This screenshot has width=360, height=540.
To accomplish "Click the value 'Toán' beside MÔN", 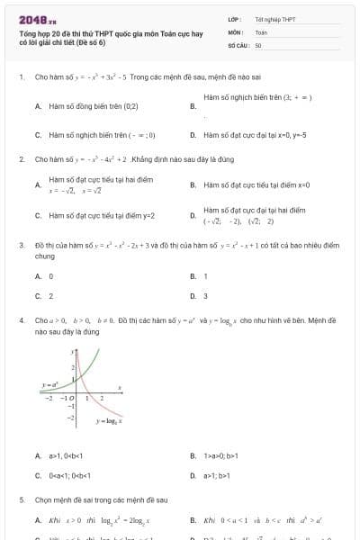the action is (x=261, y=31).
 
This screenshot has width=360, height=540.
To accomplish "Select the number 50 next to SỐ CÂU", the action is (x=258, y=44).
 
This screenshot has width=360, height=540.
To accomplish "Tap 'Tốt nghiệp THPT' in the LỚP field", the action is (x=274, y=19).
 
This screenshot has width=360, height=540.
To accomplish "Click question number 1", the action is (x=21, y=77).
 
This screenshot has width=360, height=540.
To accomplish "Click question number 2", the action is (x=21, y=158).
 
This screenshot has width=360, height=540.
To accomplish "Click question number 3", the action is (x=21, y=244).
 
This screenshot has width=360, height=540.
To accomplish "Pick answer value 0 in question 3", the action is (x=50, y=276).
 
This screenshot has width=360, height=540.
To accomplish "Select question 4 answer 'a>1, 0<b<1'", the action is (x=71, y=455).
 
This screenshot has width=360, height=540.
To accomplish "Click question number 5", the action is (x=21, y=499).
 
